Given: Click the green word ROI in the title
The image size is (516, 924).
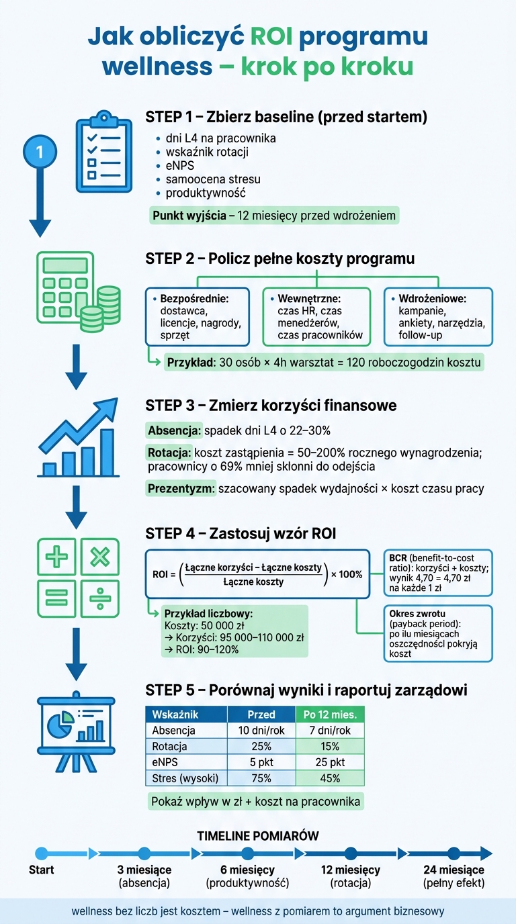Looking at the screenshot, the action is click(271, 36).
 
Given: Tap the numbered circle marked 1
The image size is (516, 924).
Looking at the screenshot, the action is click(40, 152).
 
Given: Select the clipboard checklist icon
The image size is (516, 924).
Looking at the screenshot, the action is click(103, 151).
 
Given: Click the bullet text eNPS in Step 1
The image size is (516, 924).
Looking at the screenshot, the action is click(180, 165).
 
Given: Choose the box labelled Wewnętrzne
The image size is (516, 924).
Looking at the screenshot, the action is click(316, 316).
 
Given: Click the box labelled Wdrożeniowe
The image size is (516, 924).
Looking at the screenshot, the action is click(438, 316).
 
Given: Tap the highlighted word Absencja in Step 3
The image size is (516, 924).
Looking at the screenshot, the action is click(175, 430).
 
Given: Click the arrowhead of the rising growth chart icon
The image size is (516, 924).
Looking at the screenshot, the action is click(107, 408).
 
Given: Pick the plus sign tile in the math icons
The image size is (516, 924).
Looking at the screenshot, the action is click(56, 557).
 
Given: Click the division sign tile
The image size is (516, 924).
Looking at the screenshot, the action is click(100, 598).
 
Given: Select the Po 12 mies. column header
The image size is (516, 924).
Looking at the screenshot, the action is click(331, 714).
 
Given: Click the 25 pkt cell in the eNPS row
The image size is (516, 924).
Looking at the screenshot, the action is click(331, 762).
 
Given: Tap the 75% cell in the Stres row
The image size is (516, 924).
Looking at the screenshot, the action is click(261, 778).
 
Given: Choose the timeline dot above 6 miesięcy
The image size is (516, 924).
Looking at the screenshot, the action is click(248, 853).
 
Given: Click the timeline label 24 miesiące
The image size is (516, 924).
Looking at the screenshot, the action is click(454, 870).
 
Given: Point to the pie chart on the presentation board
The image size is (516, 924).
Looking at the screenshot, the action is click(60, 727).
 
